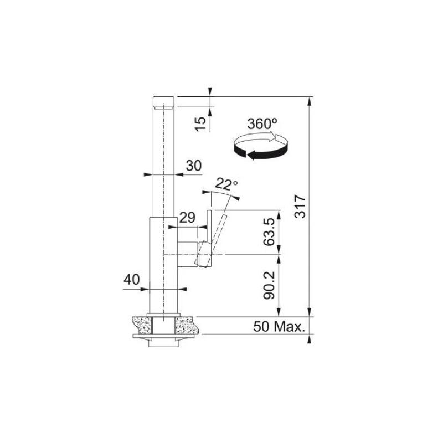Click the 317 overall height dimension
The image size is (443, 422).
pos(300,206)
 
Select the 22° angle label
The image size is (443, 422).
pos(226,183)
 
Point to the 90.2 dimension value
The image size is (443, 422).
pos(270,285)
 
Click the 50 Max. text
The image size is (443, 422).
pos(279,327)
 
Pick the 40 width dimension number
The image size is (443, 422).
pos(132,280)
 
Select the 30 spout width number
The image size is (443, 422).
pos(193,165)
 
